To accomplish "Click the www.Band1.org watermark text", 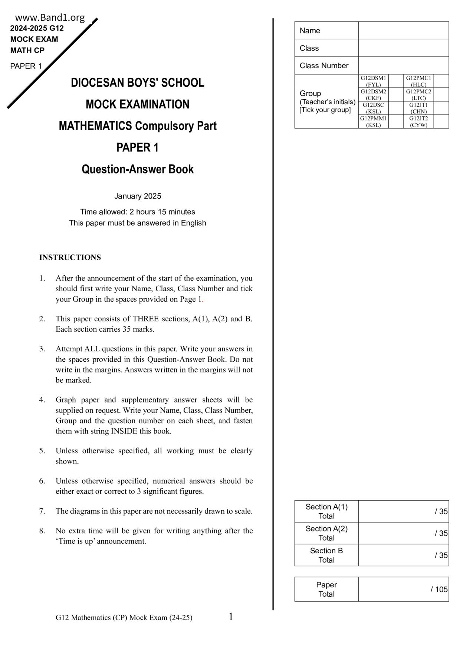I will coord(50,17).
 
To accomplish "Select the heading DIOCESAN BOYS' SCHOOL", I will coord(137,83).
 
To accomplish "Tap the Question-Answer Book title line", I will coord(137,169).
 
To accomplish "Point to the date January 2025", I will coord(137,196).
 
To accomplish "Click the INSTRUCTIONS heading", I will coord(70,258).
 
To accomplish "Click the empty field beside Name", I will coord(403,30).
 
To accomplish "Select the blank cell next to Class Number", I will coord(403,66).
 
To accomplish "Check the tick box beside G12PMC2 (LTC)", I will coord(441,94).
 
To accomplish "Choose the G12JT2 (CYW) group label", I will coord(418,122).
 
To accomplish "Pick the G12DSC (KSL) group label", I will coord(373,108).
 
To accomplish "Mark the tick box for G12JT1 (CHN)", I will coord(441,108).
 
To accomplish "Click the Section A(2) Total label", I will coord(326,533).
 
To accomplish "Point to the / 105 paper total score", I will coord(439,589).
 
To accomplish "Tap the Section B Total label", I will coord(326,555).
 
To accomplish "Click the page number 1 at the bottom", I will coord(231,617).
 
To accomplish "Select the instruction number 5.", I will coord(42,451).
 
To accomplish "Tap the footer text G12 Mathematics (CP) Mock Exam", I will coord(124,618).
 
